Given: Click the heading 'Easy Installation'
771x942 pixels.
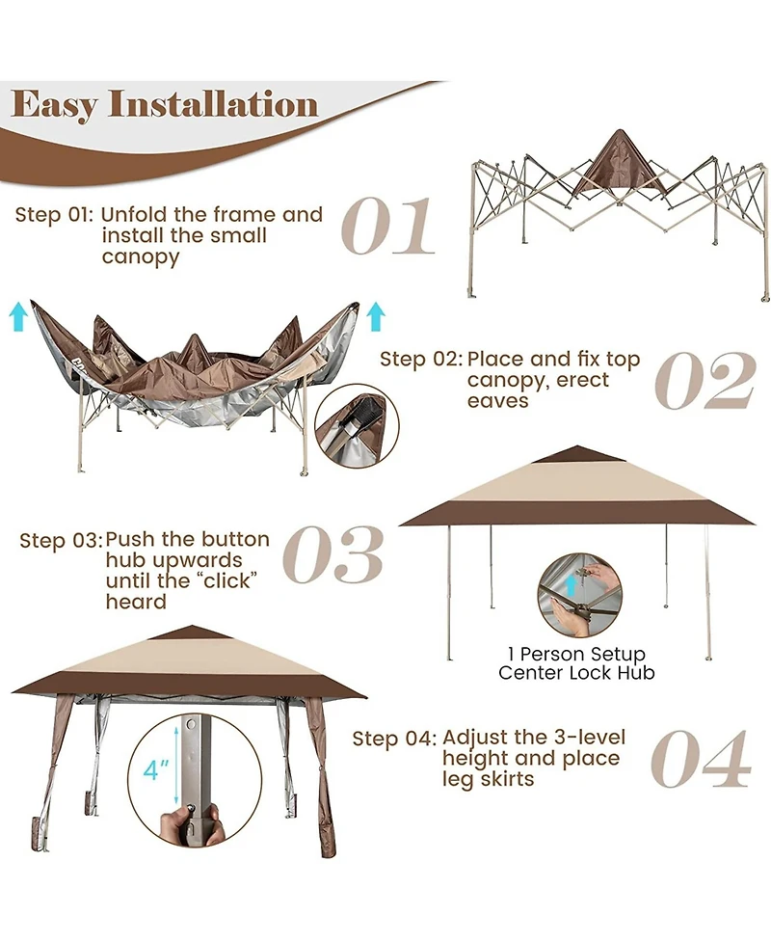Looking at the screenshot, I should [x=165, y=104].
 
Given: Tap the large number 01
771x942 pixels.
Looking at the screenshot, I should [x=387, y=229].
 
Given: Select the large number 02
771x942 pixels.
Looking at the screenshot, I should [x=705, y=381].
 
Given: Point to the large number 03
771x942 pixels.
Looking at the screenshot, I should [x=333, y=555].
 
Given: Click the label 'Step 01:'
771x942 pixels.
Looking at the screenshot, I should [x=54, y=215].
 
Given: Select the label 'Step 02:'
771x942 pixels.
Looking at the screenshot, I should [x=420, y=360].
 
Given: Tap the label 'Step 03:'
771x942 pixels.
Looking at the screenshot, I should [x=60, y=541].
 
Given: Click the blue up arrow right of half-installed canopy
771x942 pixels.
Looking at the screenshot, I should [x=376, y=315].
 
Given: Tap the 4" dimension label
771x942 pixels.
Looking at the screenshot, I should [x=156, y=770].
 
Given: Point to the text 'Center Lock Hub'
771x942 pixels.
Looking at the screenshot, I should [x=576, y=673].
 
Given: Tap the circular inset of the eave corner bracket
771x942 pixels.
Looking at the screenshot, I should [x=354, y=426].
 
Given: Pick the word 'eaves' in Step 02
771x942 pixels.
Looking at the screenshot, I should [x=498, y=401].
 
